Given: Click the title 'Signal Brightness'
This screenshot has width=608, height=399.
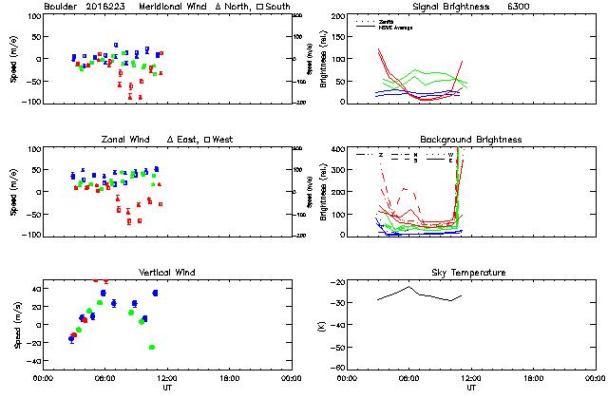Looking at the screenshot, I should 428,7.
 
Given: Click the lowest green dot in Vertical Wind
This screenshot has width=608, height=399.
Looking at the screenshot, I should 151,348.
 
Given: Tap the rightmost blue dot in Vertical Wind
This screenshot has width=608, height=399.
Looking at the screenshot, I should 155,293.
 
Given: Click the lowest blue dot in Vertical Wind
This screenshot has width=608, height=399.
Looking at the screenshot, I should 72,338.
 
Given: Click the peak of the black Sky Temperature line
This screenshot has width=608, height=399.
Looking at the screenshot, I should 409,287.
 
